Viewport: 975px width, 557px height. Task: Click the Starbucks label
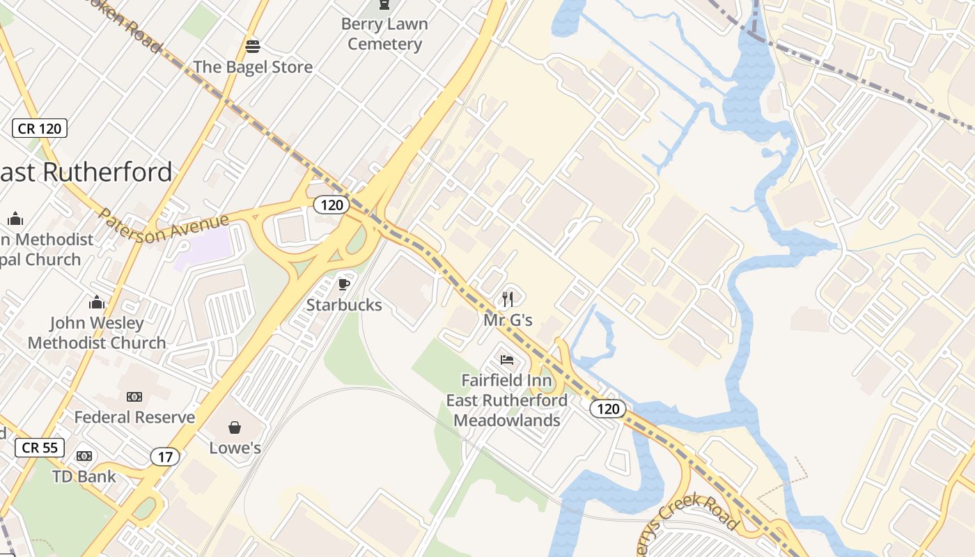point(344,305)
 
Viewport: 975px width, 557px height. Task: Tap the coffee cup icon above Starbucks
point(343,284)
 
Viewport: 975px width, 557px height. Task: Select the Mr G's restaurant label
point(508,320)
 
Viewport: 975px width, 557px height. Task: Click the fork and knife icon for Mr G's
point(508,299)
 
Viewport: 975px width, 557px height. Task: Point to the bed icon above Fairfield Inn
point(507,360)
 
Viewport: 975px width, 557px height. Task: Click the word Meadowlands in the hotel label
point(507,421)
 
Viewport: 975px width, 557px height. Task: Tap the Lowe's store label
point(235,448)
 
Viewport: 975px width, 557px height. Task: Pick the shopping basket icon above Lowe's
point(235,427)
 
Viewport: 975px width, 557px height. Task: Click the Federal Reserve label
point(134,417)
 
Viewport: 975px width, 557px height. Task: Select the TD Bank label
point(84,477)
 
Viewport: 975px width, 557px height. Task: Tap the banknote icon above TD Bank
point(84,456)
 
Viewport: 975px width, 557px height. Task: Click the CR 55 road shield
point(40,448)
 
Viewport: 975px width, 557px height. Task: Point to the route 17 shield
point(165,457)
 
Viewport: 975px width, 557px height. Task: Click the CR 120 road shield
point(40,128)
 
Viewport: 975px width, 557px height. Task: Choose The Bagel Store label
point(253,67)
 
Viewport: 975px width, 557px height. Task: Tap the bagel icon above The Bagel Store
point(253,47)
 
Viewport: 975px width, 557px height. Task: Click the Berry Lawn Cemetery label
point(384,33)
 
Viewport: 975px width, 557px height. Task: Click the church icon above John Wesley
point(97,302)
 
